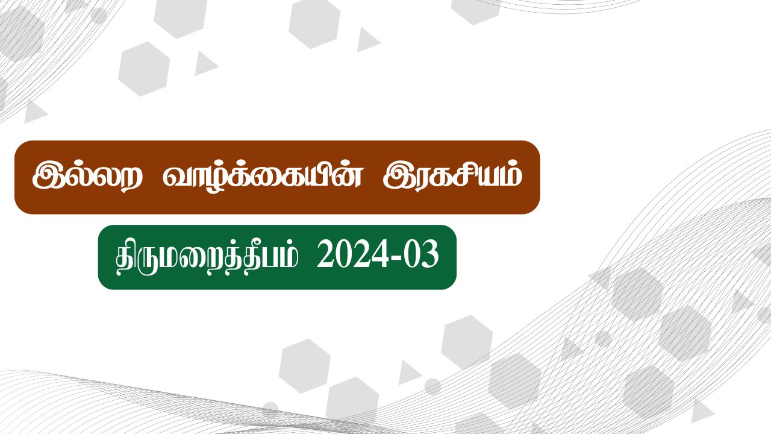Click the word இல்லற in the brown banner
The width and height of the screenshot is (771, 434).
87,177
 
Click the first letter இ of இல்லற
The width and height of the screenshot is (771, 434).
47,177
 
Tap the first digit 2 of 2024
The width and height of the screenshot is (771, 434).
325,257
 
